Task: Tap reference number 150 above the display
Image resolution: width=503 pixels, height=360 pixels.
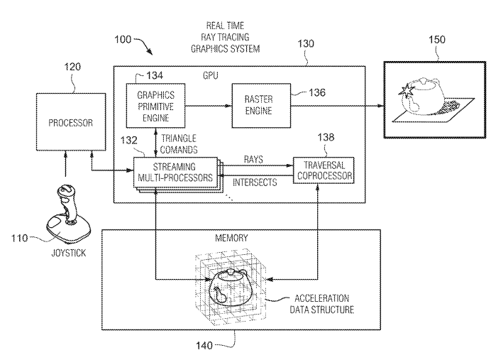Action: pos(437,40)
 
